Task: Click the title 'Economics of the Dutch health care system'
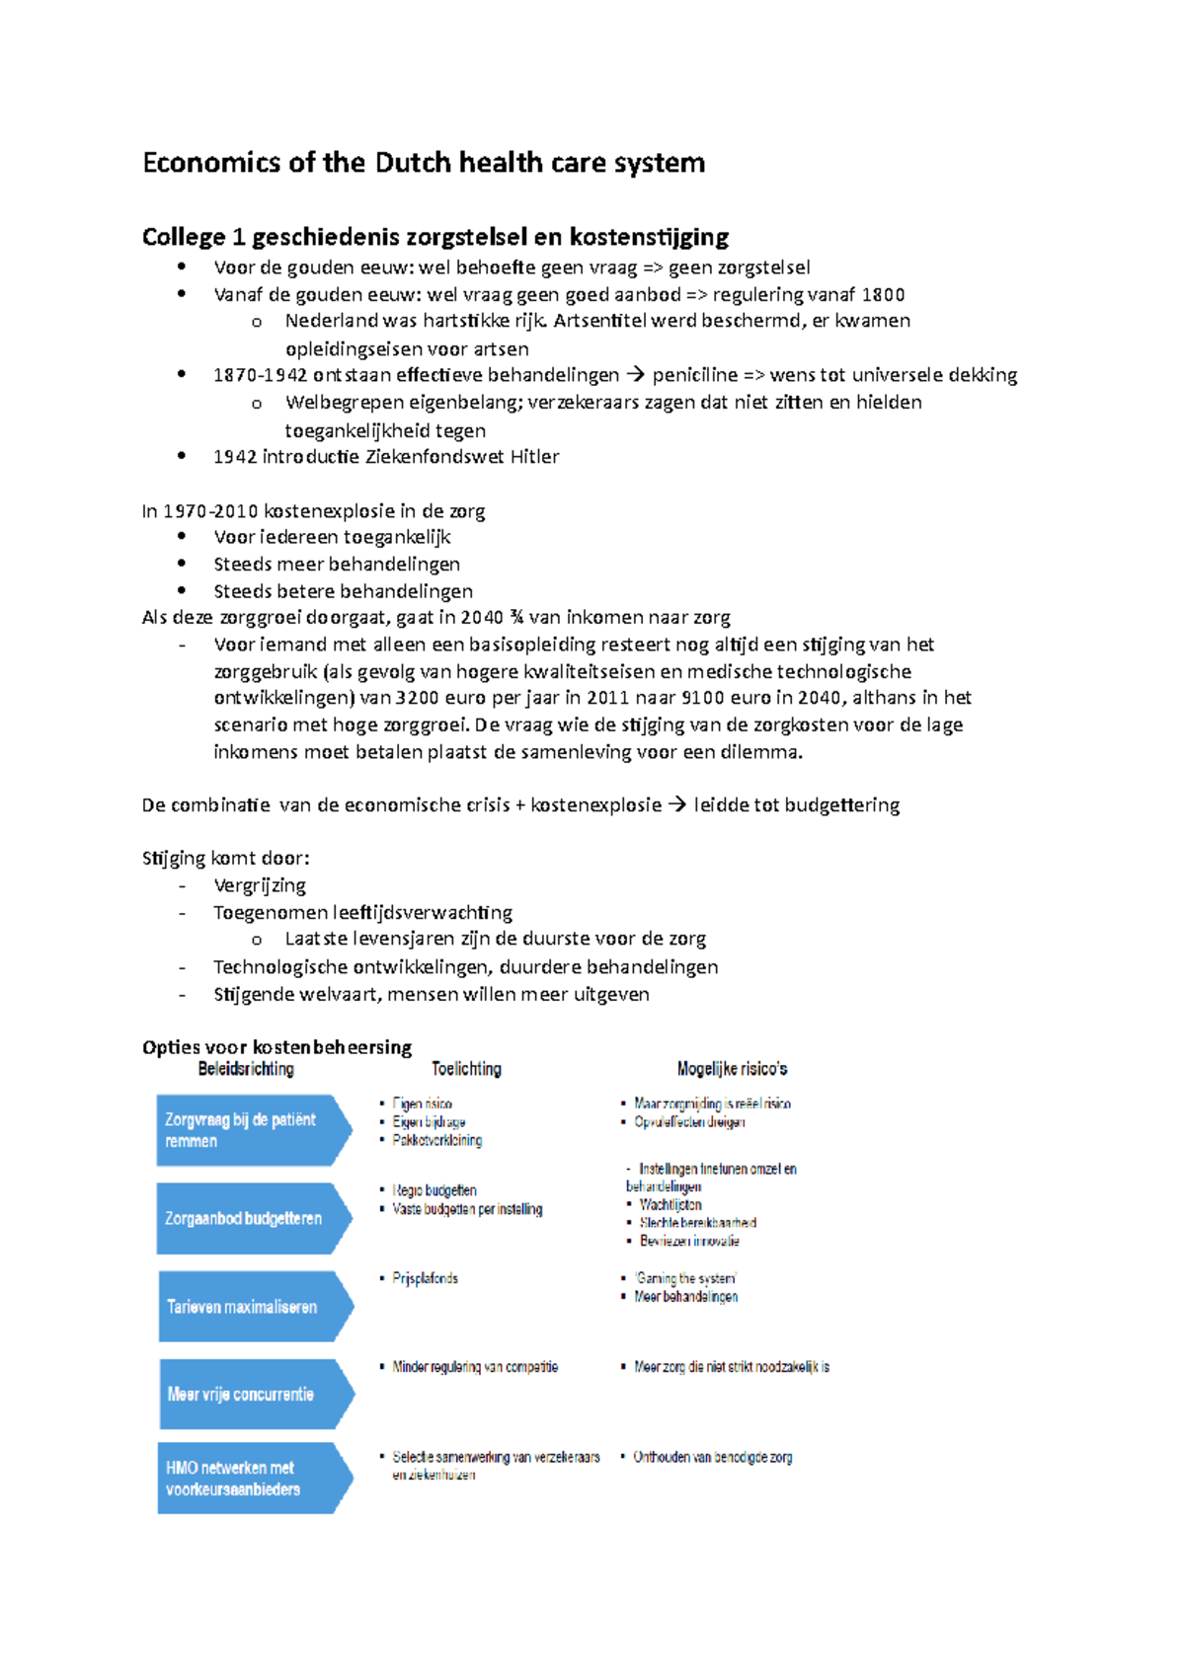pyautogui.click(x=424, y=163)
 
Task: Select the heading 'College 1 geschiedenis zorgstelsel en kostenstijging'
pyautogui.click(x=435, y=237)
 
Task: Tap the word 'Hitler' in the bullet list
pyautogui.click(x=534, y=457)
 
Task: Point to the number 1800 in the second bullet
pyautogui.click(x=883, y=294)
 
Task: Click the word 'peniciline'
pyautogui.click(x=694, y=375)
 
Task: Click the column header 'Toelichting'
pyautogui.click(x=466, y=1069)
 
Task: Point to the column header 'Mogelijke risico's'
pyautogui.click(x=732, y=1069)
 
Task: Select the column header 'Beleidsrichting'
pyautogui.click(x=246, y=1069)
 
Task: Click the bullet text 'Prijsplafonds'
pyautogui.click(x=425, y=1278)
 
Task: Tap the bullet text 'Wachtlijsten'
pyautogui.click(x=670, y=1205)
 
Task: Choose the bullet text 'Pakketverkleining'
pyautogui.click(x=436, y=1140)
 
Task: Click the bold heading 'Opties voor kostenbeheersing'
pyautogui.click(x=276, y=1047)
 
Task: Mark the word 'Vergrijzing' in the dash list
pyautogui.click(x=260, y=885)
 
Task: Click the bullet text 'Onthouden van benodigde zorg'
pyautogui.click(x=712, y=1457)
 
